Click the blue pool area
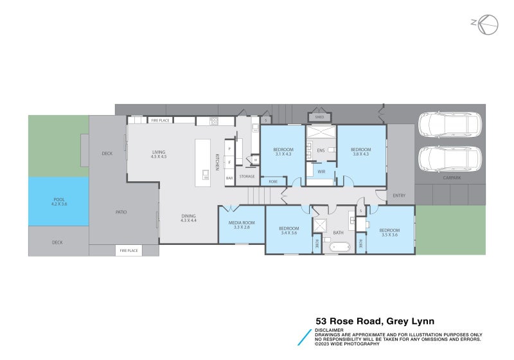(x=58, y=202)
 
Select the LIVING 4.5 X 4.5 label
(x=159, y=154)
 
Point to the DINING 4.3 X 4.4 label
(x=188, y=218)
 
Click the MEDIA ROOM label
(x=242, y=225)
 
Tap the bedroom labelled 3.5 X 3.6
(x=389, y=232)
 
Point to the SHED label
(x=319, y=118)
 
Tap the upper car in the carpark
(x=449, y=125)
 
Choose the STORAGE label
(x=247, y=176)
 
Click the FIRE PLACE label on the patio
(x=128, y=251)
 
